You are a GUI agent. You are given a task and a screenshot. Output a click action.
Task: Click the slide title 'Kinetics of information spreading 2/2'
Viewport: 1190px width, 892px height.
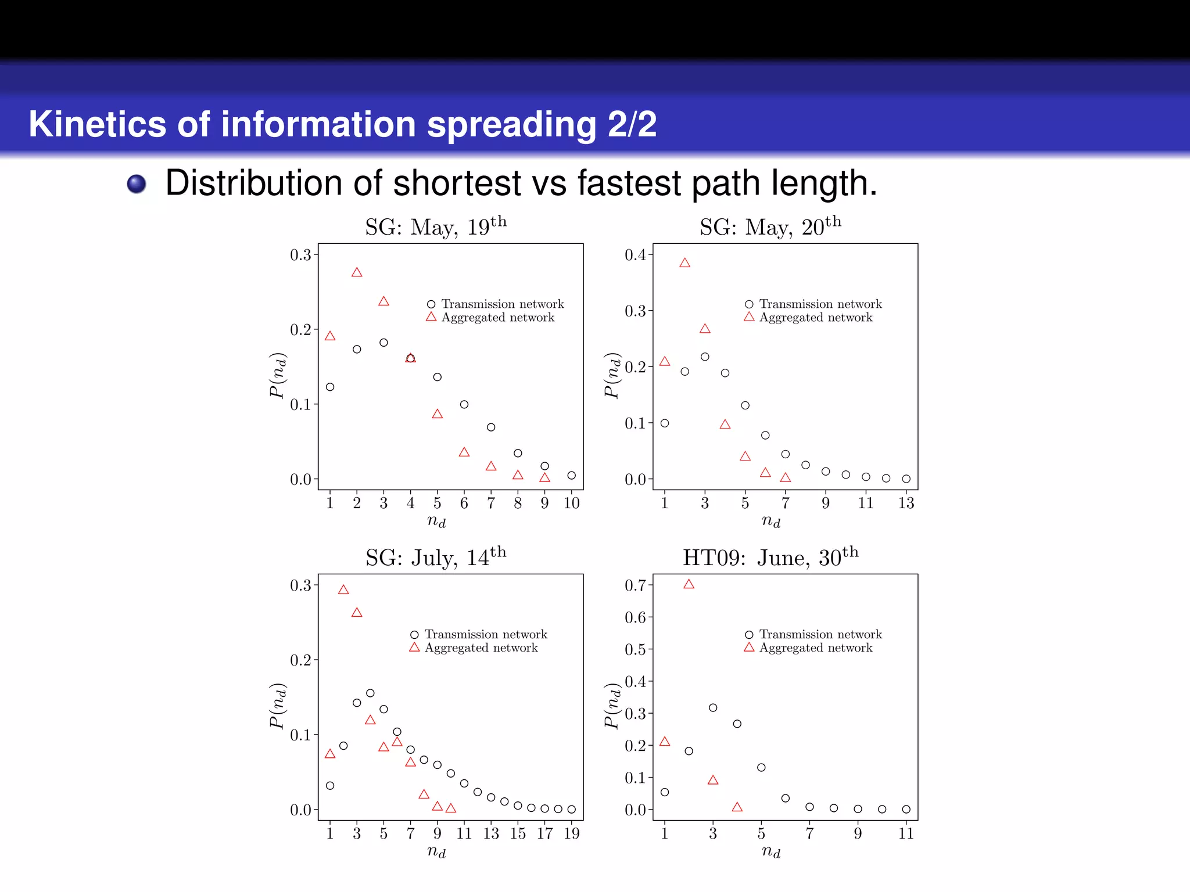click(343, 124)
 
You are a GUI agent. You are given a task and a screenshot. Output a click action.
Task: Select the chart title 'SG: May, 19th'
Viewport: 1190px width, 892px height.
click(436, 226)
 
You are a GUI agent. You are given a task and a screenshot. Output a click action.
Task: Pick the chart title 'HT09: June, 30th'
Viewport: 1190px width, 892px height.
click(770, 557)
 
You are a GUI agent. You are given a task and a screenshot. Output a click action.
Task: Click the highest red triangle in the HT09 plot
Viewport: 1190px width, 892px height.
click(689, 584)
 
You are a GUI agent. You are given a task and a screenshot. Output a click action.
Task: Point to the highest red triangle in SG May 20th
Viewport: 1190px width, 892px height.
click(684, 263)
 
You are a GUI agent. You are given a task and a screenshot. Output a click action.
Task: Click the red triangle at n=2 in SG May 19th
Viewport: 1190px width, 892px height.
click(357, 272)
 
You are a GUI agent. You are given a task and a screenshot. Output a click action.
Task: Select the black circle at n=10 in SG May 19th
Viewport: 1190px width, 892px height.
click(571, 476)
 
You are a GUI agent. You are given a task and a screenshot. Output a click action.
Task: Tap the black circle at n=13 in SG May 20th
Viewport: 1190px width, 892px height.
click(906, 479)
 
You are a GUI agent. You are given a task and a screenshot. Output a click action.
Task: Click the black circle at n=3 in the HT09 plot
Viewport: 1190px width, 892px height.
click(713, 707)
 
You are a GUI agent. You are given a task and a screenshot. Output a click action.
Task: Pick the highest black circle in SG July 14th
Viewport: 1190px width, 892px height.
click(370, 693)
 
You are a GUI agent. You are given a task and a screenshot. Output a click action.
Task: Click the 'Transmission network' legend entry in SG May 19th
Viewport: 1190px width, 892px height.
click(496, 304)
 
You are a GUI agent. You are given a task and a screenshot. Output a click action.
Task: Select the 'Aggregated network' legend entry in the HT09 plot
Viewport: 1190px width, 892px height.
click(809, 648)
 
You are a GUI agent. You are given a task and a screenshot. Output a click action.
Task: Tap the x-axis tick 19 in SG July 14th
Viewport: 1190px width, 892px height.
click(571, 834)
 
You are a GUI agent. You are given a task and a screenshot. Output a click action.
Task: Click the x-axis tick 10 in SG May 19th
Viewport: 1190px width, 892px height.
click(571, 503)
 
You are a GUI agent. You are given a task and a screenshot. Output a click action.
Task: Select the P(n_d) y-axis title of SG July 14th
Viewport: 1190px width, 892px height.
click(278, 705)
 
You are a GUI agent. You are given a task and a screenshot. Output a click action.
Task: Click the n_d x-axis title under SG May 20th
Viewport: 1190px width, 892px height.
click(770, 521)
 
